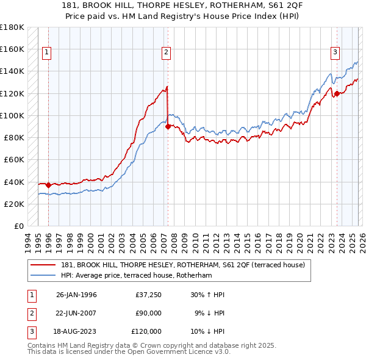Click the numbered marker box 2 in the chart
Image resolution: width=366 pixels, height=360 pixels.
coord(166,53)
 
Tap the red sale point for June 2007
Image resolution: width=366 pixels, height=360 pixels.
coord(168,126)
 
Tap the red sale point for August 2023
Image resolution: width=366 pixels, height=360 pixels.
coord(336,93)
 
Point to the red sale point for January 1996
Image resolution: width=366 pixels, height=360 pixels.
coord(49,184)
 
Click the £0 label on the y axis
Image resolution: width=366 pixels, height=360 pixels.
coord(19,226)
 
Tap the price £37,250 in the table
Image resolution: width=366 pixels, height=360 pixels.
coord(148,295)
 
